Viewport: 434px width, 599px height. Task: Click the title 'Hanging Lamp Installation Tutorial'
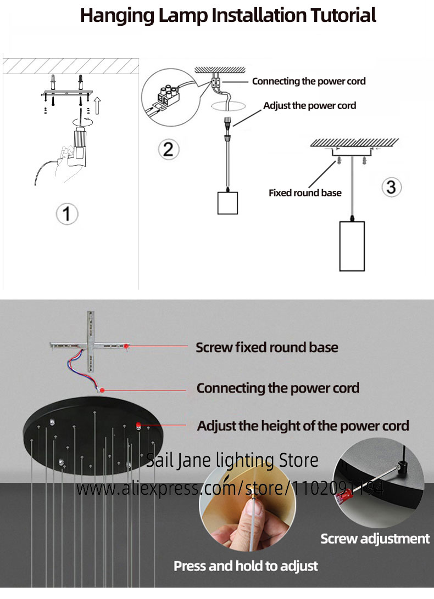tap(228, 15)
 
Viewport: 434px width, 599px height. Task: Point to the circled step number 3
tap(391, 187)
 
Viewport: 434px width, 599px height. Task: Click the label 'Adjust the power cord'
tap(309, 105)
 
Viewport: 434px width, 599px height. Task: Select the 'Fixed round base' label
tap(305, 193)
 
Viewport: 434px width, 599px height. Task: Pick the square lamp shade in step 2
tap(226, 202)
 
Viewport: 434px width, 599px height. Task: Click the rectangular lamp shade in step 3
tap(352, 245)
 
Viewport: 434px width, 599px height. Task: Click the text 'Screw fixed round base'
tap(267, 347)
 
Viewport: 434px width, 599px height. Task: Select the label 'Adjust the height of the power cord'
tap(303, 426)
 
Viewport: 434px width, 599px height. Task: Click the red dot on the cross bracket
tap(126, 346)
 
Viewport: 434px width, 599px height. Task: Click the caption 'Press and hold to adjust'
tap(246, 566)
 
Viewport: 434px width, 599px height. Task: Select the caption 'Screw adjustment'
tap(375, 539)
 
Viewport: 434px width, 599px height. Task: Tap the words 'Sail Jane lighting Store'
tap(232, 460)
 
